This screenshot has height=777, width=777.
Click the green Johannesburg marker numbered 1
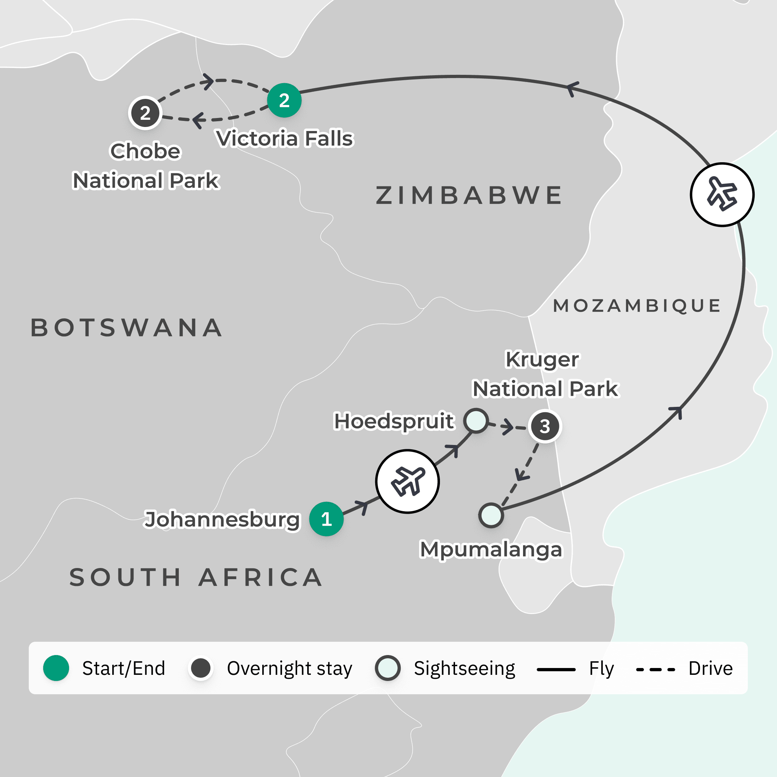326,519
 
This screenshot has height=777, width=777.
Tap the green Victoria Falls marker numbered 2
284,100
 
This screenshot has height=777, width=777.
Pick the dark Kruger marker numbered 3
545,426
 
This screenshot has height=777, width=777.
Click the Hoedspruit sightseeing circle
476,421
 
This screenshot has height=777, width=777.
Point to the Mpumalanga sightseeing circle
491,515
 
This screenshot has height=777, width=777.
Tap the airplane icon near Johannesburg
408,481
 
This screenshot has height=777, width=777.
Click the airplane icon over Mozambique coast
722,195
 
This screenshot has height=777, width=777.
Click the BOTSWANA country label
127,327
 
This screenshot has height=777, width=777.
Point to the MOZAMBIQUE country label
637,306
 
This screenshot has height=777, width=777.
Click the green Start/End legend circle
56,668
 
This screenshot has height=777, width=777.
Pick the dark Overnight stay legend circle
201,668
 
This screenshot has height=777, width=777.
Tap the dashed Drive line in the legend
655,669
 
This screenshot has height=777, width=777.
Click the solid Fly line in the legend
556,669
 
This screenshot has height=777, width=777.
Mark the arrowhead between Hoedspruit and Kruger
508,426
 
